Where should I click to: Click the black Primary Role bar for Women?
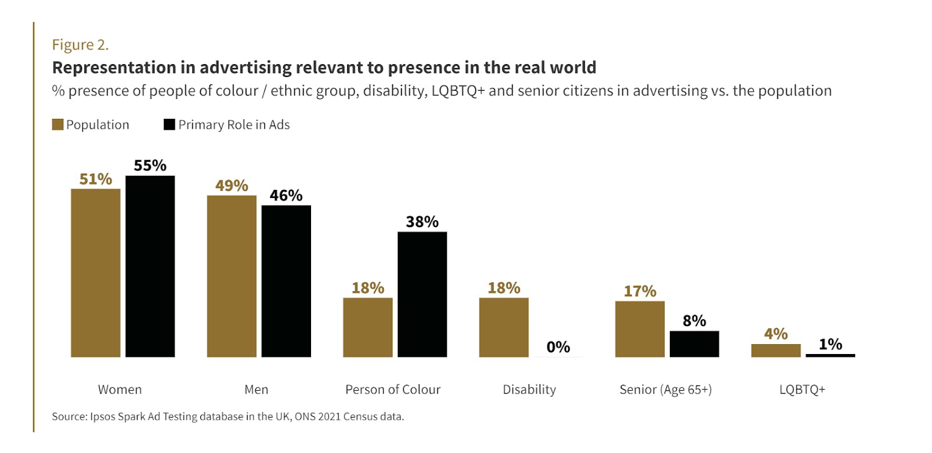(150, 266)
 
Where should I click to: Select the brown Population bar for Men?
(232, 276)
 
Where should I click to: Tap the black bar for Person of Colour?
(422, 294)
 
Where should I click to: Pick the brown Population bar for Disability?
(504, 327)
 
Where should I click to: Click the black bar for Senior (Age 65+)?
(694, 344)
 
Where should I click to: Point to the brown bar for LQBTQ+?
(776, 351)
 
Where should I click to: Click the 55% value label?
(150, 166)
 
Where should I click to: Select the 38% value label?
(422, 222)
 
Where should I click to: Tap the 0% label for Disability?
(558, 347)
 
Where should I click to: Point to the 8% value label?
(694, 321)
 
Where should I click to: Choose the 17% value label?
(640, 291)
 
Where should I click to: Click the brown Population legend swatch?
(58, 125)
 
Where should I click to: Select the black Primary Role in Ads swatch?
(170, 125)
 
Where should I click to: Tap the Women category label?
(120, 390)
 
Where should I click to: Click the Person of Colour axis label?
(393, 390)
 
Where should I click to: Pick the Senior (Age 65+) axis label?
(665, 390)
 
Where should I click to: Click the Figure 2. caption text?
(80, 45)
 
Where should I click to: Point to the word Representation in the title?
(114, 68)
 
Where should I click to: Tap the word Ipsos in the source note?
(103, 416)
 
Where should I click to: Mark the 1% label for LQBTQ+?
(830, 345)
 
